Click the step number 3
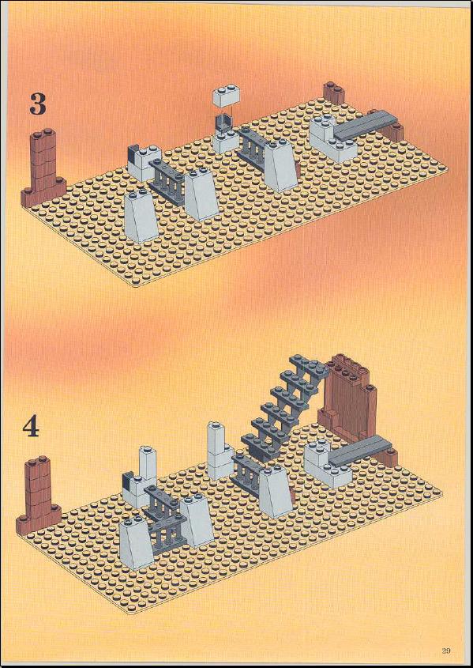pos(37,104)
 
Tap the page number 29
pos(446,650)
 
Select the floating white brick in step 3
pos(226,95)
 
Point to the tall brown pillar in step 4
pos(38,494)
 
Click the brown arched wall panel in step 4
pos(348,397)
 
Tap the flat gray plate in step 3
pos(366,123)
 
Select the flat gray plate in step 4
pos(360,451)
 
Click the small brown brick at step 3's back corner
pos(333,92)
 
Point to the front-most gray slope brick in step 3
pos(141,217)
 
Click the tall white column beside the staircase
pos(220,451)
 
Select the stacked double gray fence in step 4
pos(166,519)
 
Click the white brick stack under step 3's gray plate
pos(332,140)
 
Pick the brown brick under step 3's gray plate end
pos(392,132)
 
